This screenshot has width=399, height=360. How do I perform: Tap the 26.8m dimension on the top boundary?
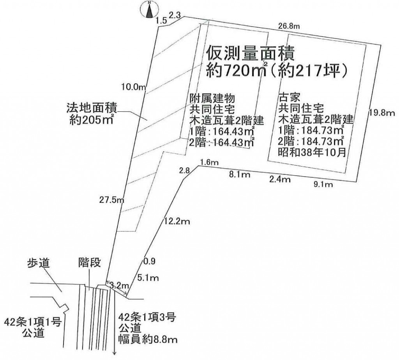tap(289, 26)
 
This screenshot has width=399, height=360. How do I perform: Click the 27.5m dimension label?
tap(111, 200)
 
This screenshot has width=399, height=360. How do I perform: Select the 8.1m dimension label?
tap(239, 175)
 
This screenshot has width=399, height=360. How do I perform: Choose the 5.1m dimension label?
tap(148, 277)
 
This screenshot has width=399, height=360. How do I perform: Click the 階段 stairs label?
tap(89, 262)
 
